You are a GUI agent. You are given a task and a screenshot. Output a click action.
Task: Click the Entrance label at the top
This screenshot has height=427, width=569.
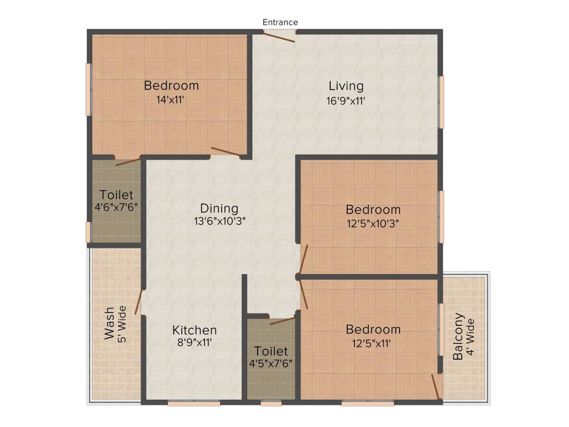280,22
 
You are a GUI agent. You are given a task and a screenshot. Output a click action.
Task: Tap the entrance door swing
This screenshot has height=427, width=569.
279,37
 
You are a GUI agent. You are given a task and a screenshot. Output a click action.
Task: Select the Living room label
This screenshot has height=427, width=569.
346,86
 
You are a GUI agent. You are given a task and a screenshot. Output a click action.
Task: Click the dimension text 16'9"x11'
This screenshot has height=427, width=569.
346,101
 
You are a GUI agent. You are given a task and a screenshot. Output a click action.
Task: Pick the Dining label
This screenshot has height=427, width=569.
219,208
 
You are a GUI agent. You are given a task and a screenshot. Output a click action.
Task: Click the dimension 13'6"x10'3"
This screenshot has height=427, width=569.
219,221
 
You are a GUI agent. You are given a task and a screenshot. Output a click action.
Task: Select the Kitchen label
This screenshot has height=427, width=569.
194,330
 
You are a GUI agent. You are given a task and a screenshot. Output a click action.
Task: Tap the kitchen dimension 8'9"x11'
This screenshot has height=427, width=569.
194,343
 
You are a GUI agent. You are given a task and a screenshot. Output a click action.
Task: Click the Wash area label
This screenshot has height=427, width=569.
110,323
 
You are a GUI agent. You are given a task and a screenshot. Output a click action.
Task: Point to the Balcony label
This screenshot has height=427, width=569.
458,337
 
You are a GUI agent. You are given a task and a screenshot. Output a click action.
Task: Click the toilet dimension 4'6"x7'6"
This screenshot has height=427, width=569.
116,207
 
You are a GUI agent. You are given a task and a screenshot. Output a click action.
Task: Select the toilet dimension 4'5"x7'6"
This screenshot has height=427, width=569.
271,363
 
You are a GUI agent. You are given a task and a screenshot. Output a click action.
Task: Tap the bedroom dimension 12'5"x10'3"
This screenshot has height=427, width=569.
373,223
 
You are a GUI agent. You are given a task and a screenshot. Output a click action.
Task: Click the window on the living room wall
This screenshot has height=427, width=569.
442,102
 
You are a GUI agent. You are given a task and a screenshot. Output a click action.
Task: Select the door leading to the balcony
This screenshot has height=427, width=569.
437,387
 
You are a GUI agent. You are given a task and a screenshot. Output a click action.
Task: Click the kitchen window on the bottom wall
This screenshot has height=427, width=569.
194,404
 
